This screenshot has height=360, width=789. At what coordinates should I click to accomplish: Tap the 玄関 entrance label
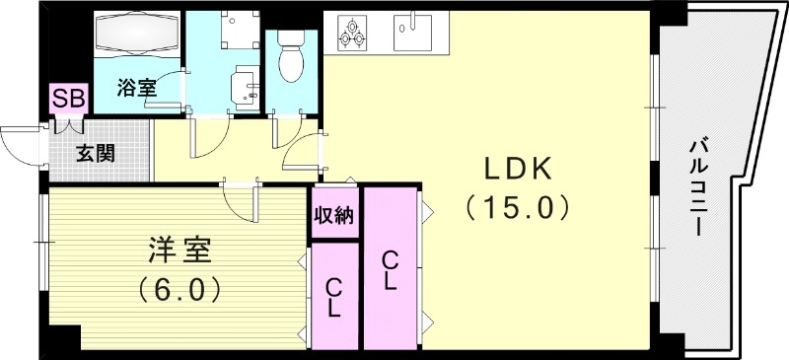pos(96,153)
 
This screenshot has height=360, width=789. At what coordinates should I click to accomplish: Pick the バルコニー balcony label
pos(696,187)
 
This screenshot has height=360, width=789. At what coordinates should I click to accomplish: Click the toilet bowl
pos(292,59)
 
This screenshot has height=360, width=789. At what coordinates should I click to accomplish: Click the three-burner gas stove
pos(354,33)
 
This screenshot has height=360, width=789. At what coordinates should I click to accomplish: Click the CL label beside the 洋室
pos(334,297)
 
